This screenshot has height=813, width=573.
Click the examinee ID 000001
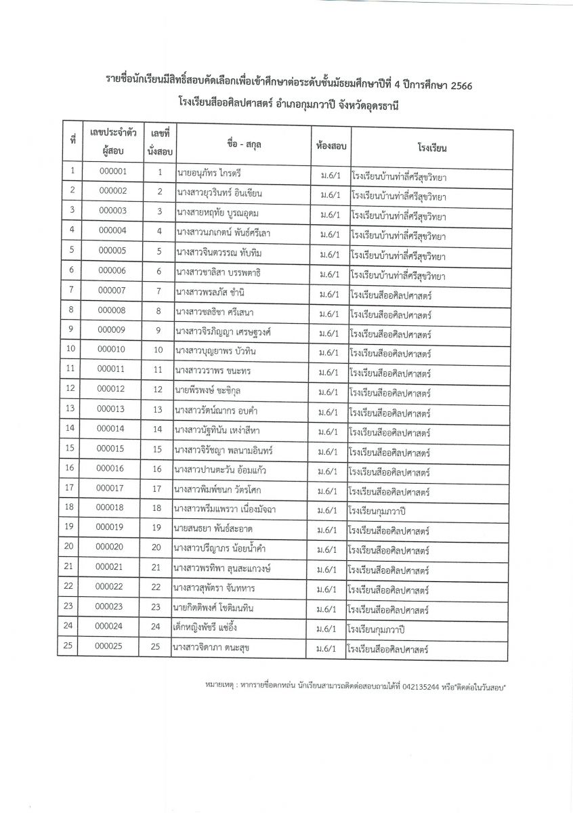click(112, 171)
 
